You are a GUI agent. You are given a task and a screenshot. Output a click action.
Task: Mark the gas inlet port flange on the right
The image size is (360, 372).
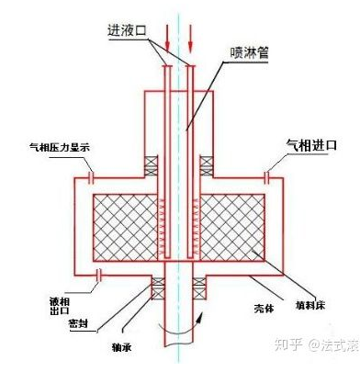coord(268,175)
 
